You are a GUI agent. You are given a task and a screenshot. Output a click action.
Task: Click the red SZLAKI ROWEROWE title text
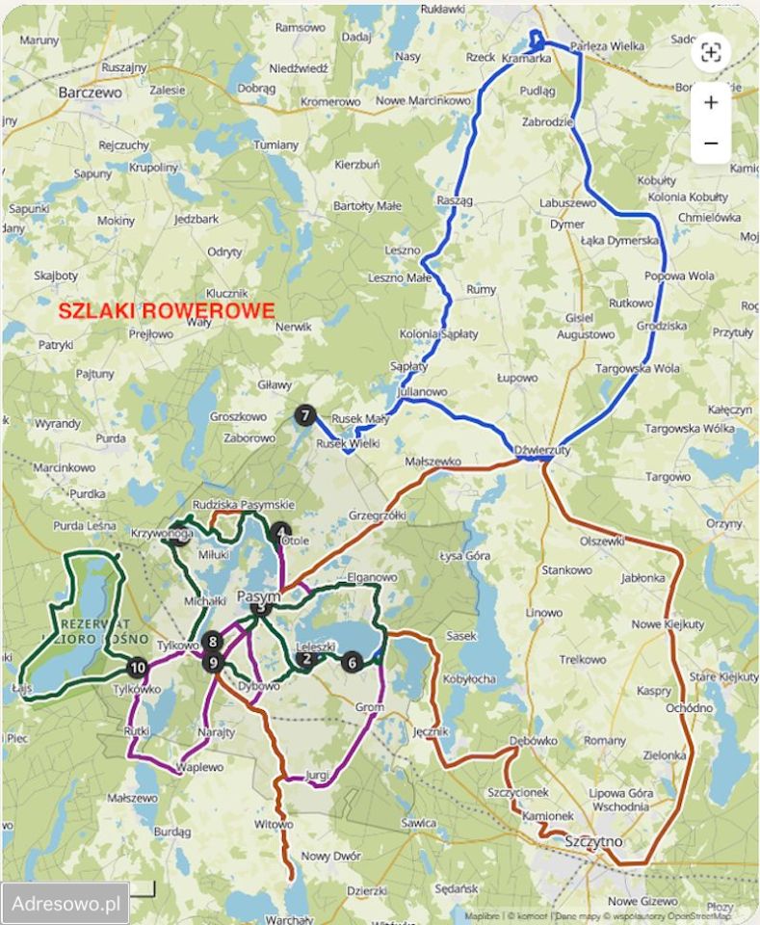coord(166,311)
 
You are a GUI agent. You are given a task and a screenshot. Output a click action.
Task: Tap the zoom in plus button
coord(711,102)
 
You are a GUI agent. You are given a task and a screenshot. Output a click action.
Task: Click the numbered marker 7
coord(305,416)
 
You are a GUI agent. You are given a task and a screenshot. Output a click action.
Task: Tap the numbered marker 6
coord(352,662)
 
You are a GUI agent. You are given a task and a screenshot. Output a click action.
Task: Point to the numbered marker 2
coord(307,659)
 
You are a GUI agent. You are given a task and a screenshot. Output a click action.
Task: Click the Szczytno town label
coord(594,841)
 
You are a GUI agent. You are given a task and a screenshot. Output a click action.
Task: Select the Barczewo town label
coord(90,92)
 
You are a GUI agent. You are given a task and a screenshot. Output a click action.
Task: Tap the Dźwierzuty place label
coord(542,449)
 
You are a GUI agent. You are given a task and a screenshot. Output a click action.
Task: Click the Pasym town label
coord(257,595)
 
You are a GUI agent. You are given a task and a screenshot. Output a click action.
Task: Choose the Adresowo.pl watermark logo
coord(66,904)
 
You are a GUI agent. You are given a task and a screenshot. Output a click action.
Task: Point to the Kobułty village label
coord(656,180)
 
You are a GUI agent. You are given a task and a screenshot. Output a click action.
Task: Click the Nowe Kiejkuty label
coord(667,624)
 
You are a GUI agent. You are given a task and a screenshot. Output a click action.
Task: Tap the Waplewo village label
coord(199,767)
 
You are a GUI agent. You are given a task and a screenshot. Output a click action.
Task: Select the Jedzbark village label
coord(197,219)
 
